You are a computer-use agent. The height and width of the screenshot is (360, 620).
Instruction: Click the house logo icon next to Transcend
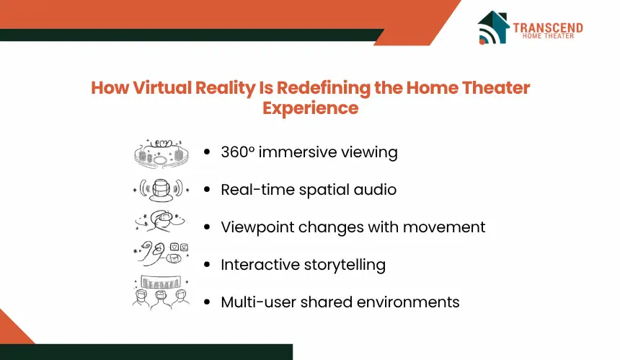pyautogui.click(x=493, y=27)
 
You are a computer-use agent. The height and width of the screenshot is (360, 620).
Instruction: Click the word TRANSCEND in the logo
pyautogui.click(x=548, y=27)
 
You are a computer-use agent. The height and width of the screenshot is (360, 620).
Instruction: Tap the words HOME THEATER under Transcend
pyautogui.click(x=548, y=36)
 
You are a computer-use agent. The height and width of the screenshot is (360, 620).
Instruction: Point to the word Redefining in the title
pyautogui.click(x=323, y=88)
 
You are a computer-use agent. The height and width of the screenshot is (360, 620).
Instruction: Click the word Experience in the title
pyautogui.click(x=311, y=108)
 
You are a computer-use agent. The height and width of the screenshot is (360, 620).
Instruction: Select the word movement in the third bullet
pyautogui.click(x=444, y=227)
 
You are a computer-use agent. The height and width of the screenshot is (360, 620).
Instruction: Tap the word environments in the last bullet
pyautogui.click(x=408, y=302)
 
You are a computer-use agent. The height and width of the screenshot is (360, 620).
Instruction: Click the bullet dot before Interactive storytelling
pyautogui.click(x=207, y=265)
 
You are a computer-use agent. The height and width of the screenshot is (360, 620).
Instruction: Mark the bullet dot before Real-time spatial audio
pyautogui.click(x=207, y=190)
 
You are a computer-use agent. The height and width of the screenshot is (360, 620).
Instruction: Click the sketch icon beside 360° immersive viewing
pyautogui.click(x=161, y=154)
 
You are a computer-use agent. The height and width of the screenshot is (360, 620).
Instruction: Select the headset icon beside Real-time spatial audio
pyautogui.click(x=161, y=190)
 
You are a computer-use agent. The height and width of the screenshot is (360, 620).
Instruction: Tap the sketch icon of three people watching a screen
pyautogui.click(x=161, y=292)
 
